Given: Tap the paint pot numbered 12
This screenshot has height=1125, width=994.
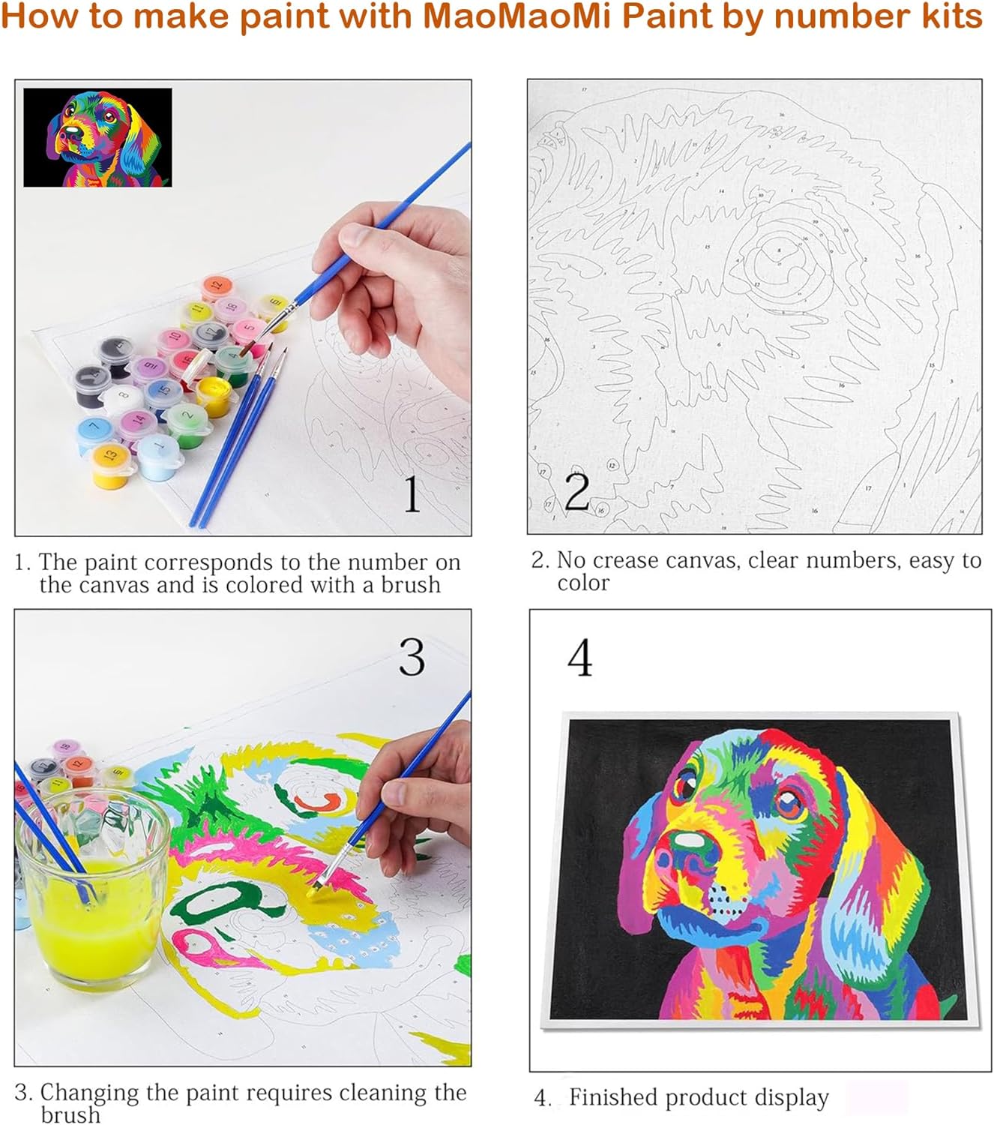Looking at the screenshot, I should click(x=216, y=287).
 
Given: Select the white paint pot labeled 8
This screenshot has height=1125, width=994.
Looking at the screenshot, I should click(x=122, y=397).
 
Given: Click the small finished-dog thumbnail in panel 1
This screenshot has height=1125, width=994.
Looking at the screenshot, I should click(x=97, y=137).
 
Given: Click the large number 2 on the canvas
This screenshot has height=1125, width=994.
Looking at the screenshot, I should click(x=576, y=492).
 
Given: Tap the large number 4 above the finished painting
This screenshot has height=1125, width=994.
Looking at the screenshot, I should click(x=579, y=658).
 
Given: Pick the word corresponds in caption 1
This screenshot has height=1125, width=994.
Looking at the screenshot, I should click(x=204, y=562).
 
